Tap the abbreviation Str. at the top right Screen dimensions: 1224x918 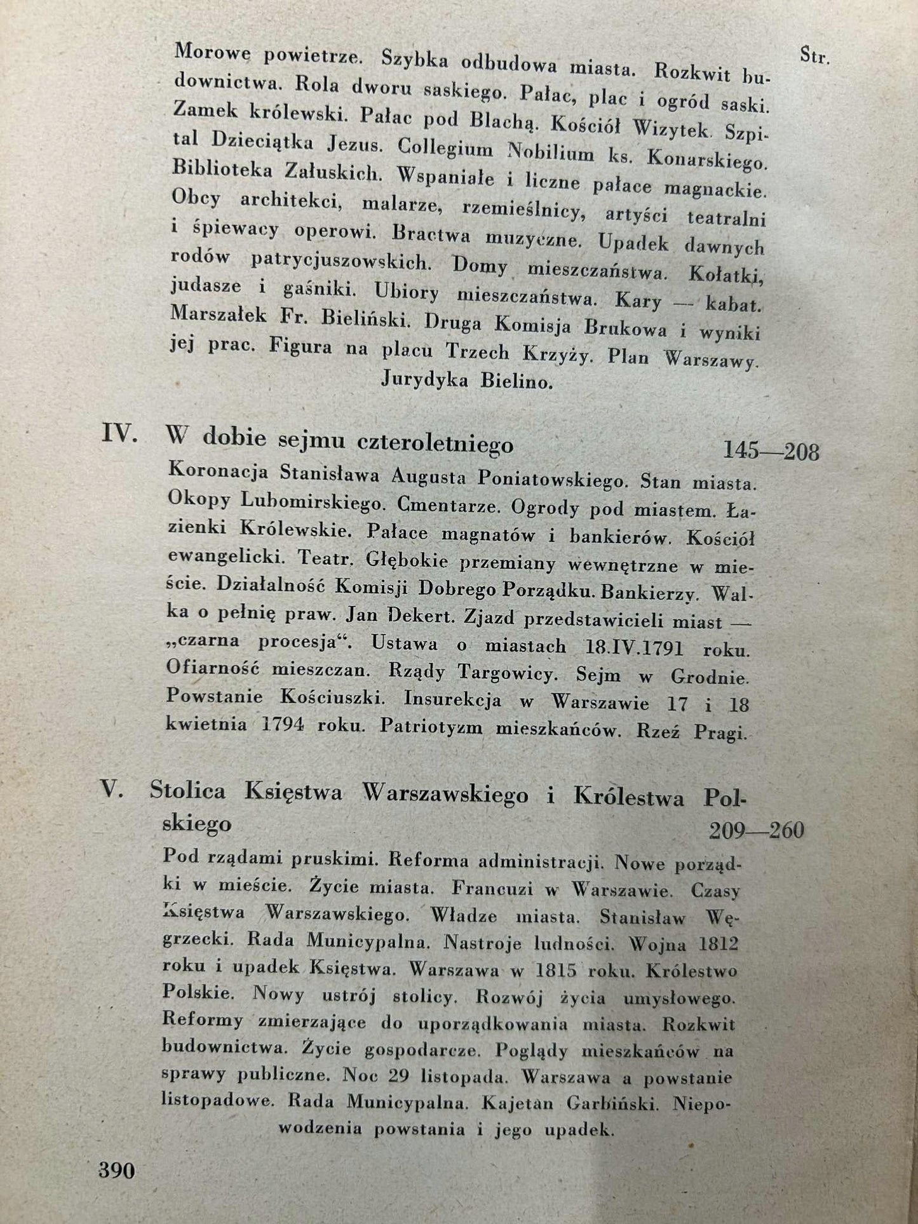(x=814, y=57)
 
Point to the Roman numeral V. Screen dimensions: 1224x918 (x=112, y=790)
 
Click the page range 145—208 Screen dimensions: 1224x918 (x=771, y=451)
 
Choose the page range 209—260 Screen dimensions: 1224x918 (x=757, y=830)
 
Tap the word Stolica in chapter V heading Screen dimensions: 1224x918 (x=188, y=791)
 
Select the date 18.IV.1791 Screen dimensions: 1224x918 (x=632, y=648)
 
